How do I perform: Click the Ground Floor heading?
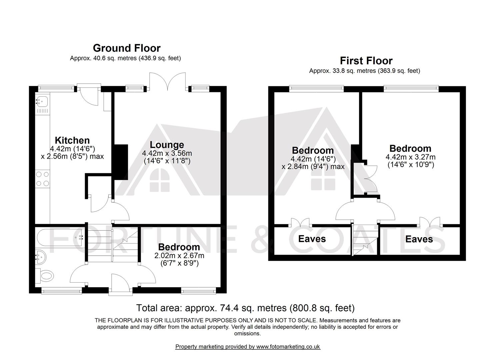coord(127,48)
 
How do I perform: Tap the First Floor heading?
coord(366,61)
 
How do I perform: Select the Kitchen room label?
coord(72,140)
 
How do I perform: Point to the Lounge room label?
coord(167,145)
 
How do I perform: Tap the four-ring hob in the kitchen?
coord(42,179)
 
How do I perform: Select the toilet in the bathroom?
coord(45,276)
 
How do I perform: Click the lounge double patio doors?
coord(168,81)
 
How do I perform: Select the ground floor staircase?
coord(113,243)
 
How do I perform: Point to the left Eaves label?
coord(312,239)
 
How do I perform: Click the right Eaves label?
coord(419,239)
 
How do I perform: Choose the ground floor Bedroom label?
coord(179,247)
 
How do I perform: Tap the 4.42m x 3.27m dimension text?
coord(411,157)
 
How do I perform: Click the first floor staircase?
coord(365,240)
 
